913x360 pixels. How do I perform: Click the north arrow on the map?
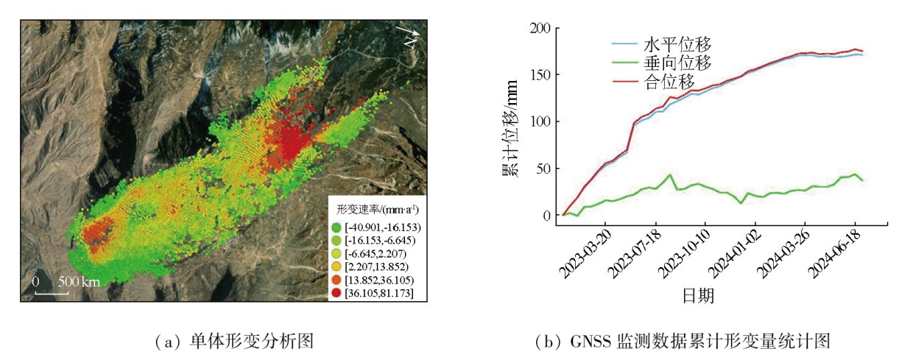pos(409,34)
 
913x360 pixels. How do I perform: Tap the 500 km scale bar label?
pos(80,282)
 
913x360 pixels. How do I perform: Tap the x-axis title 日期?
pos(698,296)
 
